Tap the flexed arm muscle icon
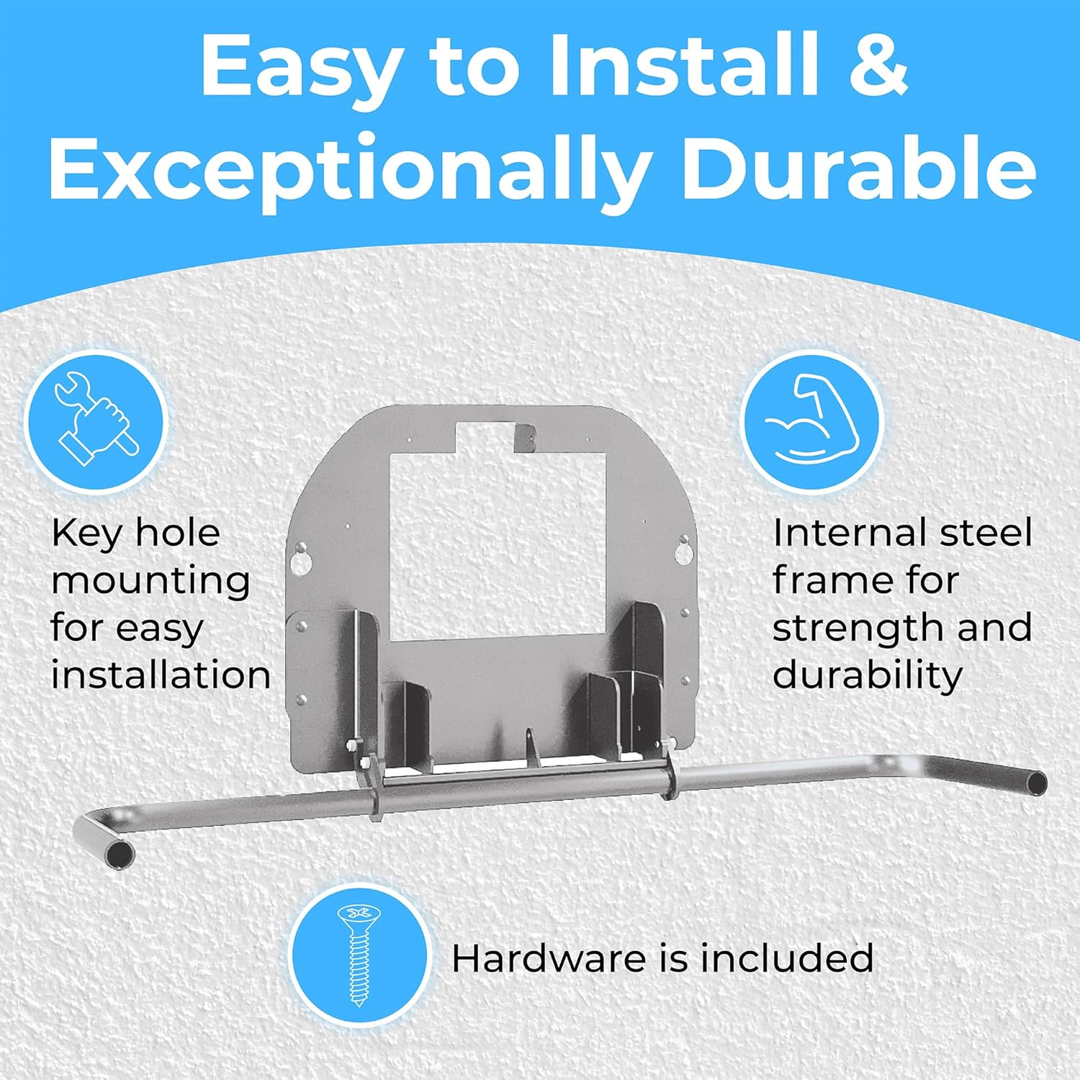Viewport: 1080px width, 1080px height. [811, 420]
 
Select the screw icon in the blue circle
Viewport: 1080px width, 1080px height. [359, 955]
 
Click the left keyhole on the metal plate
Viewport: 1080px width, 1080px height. [301, 557]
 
